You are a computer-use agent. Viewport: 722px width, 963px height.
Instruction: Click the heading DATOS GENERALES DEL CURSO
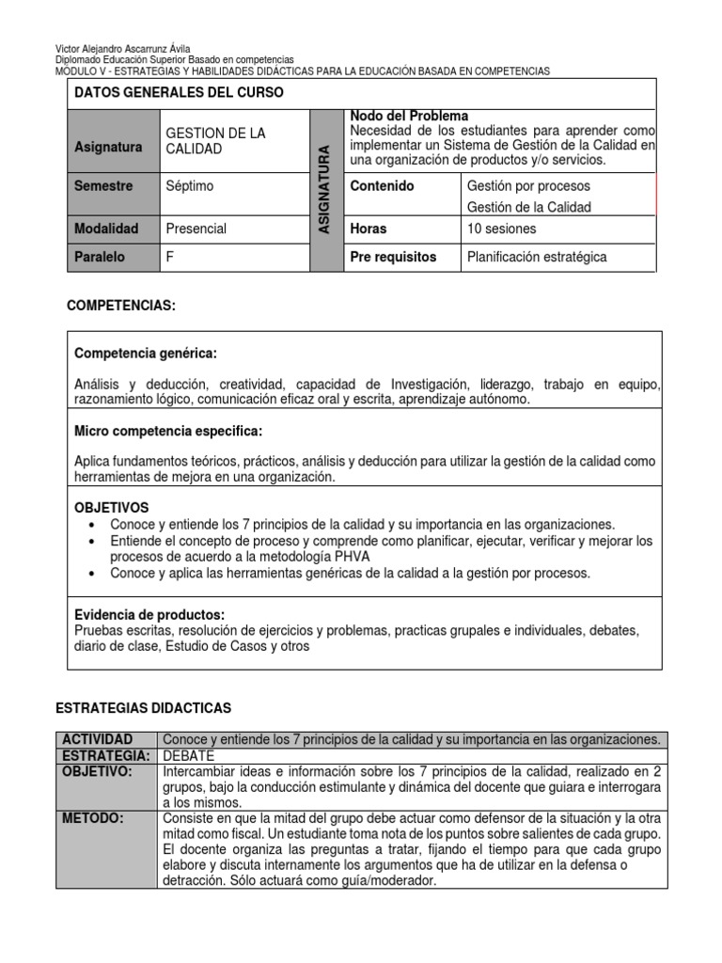click(178, 93)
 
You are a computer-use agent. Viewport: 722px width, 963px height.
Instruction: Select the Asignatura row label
click(108, 148)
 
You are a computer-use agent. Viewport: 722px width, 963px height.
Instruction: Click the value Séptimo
click(189, 186)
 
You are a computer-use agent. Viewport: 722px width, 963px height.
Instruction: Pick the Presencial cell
click(196, 229)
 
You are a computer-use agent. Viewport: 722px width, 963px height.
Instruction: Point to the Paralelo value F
click(170, 257)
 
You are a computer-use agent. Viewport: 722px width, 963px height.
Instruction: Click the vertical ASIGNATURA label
click(325, 190)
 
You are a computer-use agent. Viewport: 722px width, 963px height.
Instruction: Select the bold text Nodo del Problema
click(408, 116)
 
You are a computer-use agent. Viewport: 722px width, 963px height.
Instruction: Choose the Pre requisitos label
click(393, 257)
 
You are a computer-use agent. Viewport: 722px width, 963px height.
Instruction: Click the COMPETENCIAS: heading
click(121, 307)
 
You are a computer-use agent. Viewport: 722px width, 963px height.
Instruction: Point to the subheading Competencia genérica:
click(145, 354)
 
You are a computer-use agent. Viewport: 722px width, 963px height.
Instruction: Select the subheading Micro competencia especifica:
click(168, 431)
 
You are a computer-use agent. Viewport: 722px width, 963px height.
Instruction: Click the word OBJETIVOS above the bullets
click(111, 507)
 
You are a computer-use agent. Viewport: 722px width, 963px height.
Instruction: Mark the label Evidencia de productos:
click(149, 614)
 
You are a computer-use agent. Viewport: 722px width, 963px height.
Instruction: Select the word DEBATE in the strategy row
click(189, 756)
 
